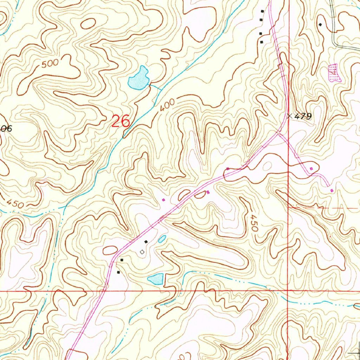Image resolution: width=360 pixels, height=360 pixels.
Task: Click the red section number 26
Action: click(121, 121)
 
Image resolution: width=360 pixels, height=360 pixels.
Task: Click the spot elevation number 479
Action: click(303, 116)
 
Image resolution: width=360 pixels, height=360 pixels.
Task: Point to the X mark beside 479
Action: click(289, 115)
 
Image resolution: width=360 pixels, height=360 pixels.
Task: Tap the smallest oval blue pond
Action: click(162, 239)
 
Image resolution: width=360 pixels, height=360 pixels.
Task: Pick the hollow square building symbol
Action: click(142, 252)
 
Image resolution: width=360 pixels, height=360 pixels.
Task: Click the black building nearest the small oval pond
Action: click(146, 242)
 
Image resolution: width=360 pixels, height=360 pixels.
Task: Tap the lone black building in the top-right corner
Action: click(320, 24)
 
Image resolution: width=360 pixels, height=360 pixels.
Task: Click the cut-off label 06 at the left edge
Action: click(6, 129)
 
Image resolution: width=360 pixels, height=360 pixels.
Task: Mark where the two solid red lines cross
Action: click(288, 291)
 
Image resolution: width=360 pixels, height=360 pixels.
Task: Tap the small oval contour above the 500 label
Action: click(88, 23)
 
